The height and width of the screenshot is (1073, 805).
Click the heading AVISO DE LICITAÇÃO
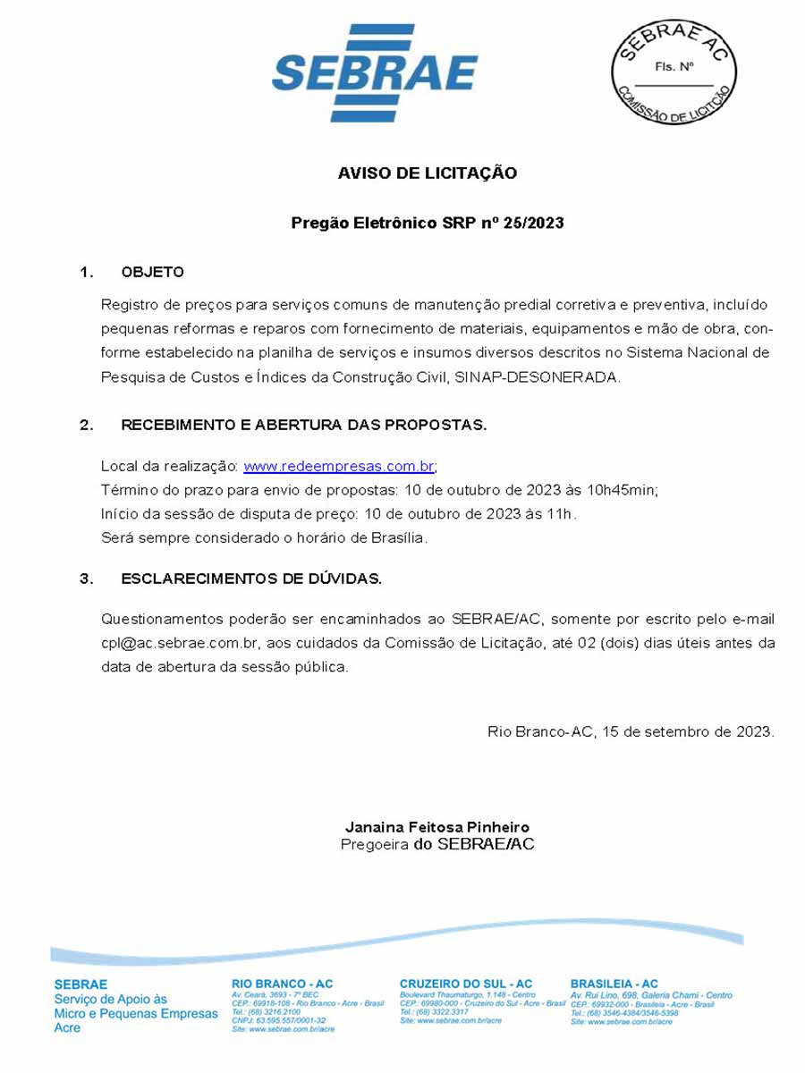[427, 173]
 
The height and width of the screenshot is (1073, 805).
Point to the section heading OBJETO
[152, 272]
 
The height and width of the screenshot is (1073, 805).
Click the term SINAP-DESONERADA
[537, 377]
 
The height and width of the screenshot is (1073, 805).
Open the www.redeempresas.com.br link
[339, 467]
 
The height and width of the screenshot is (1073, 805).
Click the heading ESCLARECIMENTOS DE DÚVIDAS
[251, 579]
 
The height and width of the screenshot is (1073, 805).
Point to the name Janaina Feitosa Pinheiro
[436, 827]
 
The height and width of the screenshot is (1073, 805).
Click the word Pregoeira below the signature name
[374, 845]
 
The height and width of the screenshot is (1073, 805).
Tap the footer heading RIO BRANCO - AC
[282, 984]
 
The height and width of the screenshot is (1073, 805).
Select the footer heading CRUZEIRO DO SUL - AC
[465, 984]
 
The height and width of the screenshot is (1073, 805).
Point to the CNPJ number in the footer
[279, 1020]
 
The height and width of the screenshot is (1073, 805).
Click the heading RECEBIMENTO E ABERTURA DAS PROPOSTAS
[304, 426]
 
